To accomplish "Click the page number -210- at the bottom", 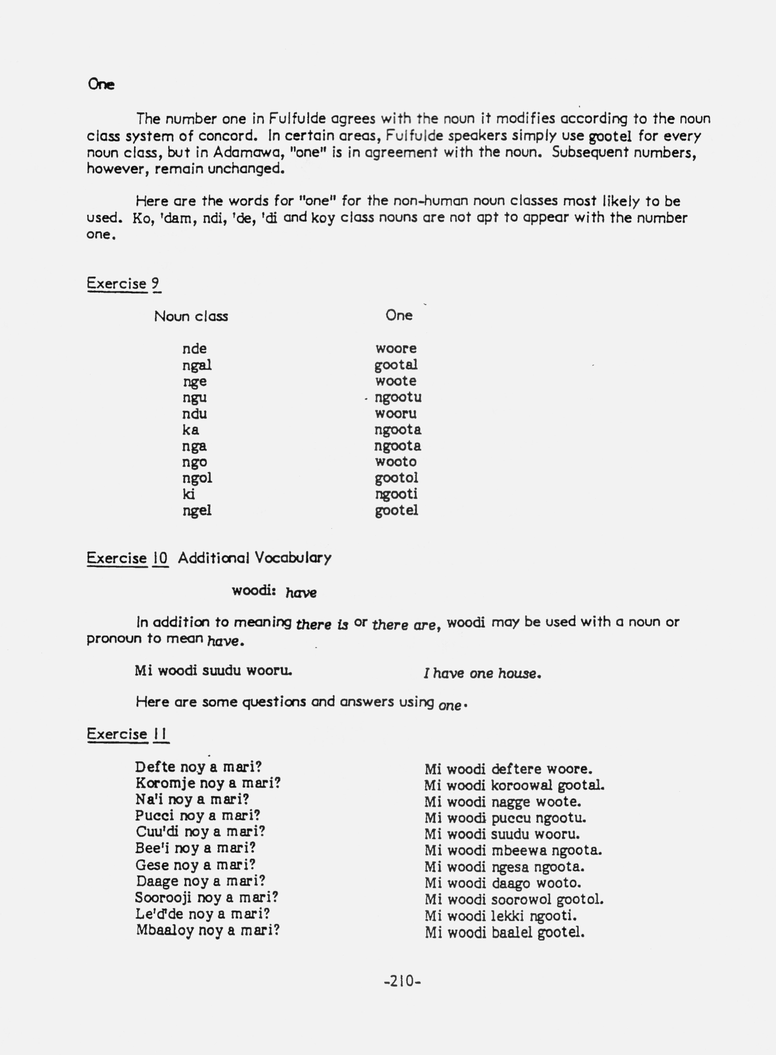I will click(x=402, y=981).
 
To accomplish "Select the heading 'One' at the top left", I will click(x=101, y=85).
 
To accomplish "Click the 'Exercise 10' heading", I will click(x=127, y=558).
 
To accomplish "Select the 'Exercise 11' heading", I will click(x=128, y=734).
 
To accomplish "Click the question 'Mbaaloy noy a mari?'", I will click(x=208, y=931).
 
